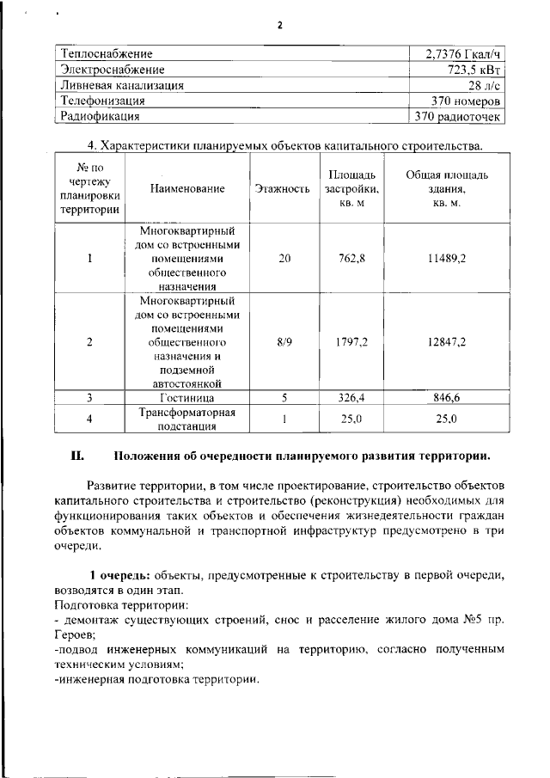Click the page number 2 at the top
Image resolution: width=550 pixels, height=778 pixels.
[x=279, y=25]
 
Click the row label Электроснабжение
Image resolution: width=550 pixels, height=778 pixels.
[x=112, y=70]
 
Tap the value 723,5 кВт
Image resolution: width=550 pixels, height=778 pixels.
[x=473, y=70]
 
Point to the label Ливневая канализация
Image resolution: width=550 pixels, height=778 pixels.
[x=121, y=85]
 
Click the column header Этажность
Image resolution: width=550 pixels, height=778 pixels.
[x=282, y=188]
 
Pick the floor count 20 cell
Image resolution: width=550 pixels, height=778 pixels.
[x=284, y=259]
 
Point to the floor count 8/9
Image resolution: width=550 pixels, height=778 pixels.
[x=284, y=341]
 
